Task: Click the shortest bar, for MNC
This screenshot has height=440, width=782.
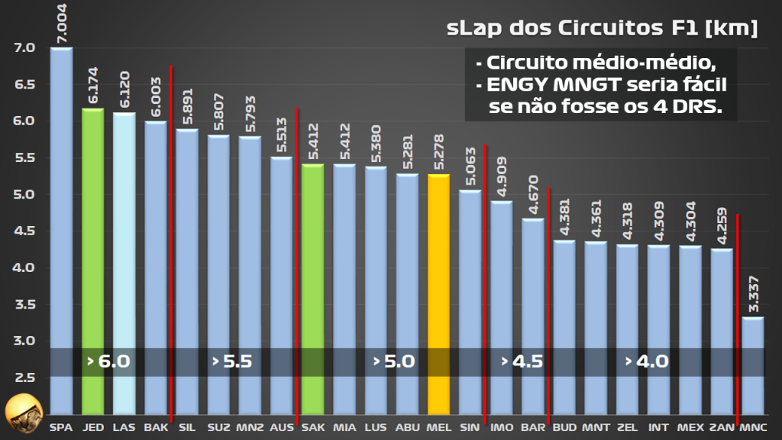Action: click(x=752, y=367)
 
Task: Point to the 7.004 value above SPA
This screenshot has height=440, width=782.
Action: click(x=62, y=22)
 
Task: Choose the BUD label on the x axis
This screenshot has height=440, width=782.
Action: click(x=564, y=427)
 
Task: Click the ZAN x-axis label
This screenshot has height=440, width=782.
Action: click(x=721, y=427)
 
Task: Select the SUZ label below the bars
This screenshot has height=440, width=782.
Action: click(x=218, y=427)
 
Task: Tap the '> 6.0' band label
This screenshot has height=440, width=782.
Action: click(x=108, y=361)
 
